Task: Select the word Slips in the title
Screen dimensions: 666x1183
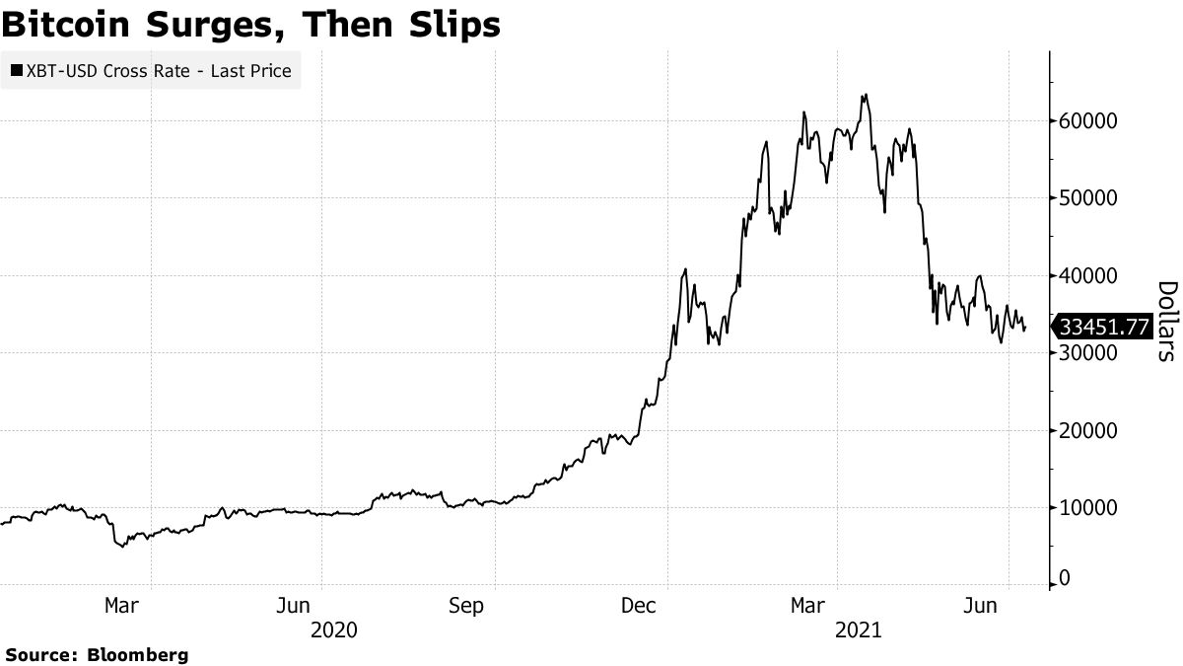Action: pyautogui.click(x=449, y=24)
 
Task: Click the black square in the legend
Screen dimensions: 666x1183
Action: pyautogui.click(x=16, y=71)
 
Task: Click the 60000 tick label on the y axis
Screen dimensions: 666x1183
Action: pyautogui.click(x=1087, y=121)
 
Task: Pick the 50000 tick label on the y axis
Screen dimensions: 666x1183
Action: pyautogui.click(x=1087, y=198)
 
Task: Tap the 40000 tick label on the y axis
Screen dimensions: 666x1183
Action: pyautogui.click(x=1087, y=276)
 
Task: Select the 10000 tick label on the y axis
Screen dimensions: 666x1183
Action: pyautogui.click(x=1087, y=508)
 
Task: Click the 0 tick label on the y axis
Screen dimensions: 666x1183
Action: pyautogui.click(x=1065, y=581)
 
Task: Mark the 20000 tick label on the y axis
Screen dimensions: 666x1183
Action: pyautogui.click(x=1087, y=431)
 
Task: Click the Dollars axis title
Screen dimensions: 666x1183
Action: pyautogui.click(x=1166, y=321)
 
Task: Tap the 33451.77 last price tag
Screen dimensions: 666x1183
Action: pyautogui.click(x=1101, y=327)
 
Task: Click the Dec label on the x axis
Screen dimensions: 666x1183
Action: pyautogui.click(x=640, y=606)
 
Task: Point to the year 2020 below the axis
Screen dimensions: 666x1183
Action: pyautogui.click(x=333, y=629)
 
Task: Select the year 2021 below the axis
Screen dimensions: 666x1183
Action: pyautogui.click(x=854, y=629)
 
